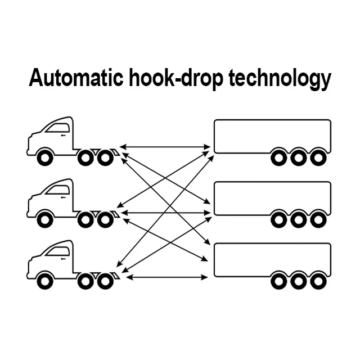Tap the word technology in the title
280,79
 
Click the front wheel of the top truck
44,157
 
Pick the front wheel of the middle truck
44,219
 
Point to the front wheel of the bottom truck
44,281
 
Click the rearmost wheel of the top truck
105,157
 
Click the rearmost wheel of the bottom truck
105,281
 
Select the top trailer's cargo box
272,135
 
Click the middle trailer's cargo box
272,197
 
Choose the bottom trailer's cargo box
272,259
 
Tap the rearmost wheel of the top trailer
318,157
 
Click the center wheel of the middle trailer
298,219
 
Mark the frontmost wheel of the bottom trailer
278,281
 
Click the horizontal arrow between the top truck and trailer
165,147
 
